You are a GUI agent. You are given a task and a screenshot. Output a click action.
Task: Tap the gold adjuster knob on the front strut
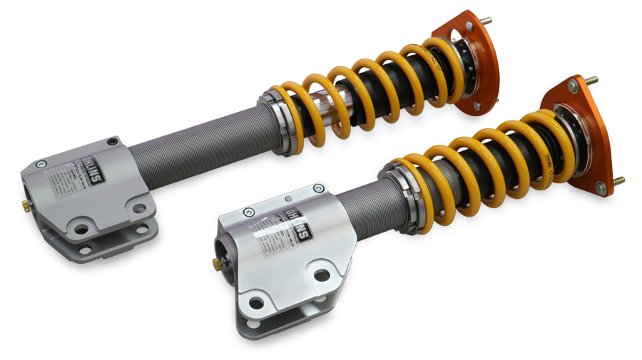click(217, 264)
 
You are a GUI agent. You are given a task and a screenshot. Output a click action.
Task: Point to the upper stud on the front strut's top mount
click(592, 80)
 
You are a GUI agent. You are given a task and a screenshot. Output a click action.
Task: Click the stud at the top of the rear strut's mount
click(487, 20)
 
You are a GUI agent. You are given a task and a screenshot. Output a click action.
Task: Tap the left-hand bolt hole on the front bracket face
click(255, 304)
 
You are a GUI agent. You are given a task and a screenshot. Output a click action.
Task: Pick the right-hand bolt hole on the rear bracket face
click(140, 209)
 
